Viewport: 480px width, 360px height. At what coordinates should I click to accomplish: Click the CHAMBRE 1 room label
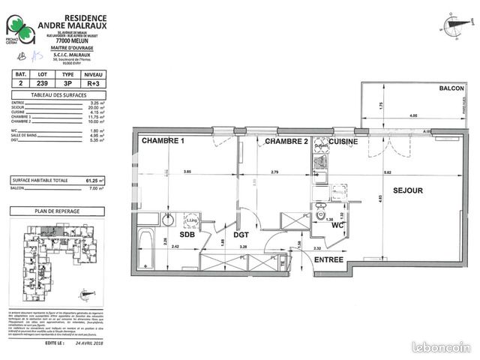coord(161,141)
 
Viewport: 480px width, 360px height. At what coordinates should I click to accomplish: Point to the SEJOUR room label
coord(407,190)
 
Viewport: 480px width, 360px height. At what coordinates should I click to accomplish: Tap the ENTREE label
coord(328,259)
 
